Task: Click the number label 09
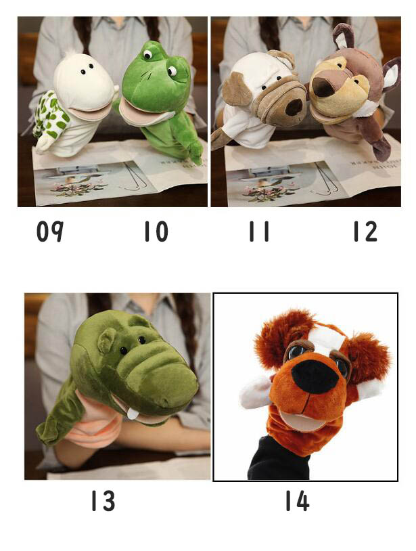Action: (x=50, y=232)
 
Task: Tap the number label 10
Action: (x=156, y=232)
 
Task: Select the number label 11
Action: (x=259, y=232)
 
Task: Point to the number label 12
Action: (x=365, y=232)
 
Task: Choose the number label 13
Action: (x=103, y=500)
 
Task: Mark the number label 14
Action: (x=298, y=500)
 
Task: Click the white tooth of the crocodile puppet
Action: (x=133, y=414)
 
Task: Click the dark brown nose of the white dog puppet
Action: (x=294, y=106)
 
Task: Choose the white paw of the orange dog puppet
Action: (x=255, y=392)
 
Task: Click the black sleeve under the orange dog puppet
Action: (x=279, y=458)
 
